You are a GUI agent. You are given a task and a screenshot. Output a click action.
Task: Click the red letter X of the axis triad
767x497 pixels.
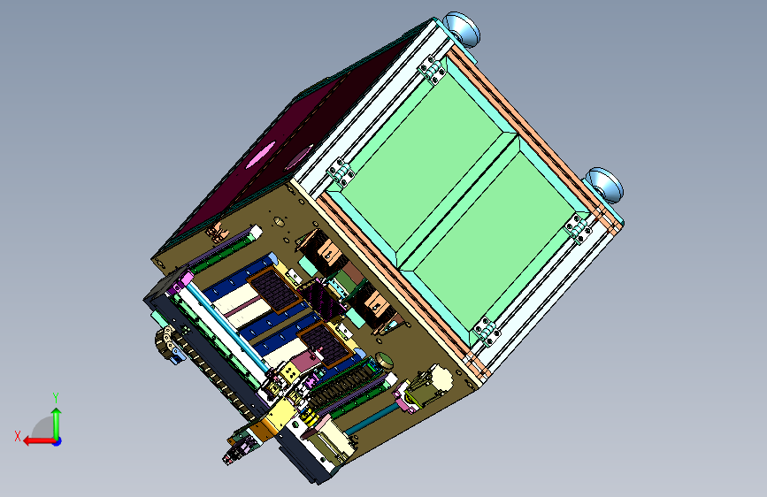point(18,436)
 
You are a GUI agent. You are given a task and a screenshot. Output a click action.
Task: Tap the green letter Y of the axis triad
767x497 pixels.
point(56,398)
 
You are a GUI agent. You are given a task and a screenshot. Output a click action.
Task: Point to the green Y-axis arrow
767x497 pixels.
point(57,424)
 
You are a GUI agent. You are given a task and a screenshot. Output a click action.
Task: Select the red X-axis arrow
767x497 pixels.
point(40,441)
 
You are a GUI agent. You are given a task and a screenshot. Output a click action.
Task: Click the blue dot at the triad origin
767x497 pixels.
point(58,441)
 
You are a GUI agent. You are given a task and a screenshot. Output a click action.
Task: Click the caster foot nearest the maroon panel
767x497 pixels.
point(461,29)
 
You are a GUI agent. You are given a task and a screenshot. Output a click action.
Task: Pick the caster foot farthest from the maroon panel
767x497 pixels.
point(604,185)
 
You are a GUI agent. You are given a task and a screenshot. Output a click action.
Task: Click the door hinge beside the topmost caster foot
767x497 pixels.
point(431,70)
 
